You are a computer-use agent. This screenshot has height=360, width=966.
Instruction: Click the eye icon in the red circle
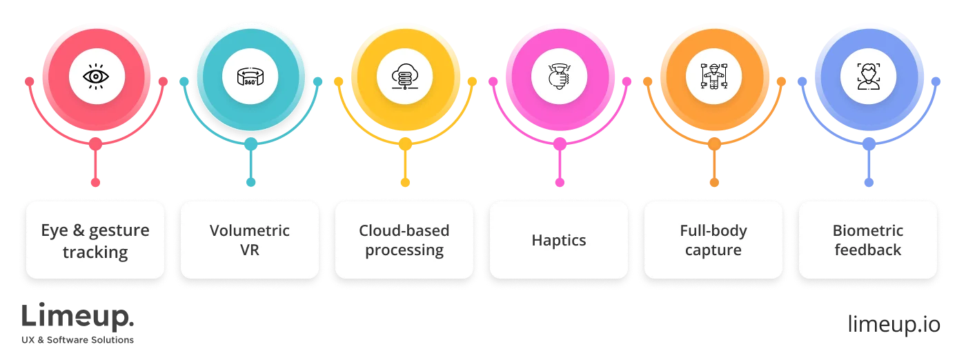96,77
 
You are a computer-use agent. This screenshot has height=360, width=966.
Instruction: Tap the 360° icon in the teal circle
250,77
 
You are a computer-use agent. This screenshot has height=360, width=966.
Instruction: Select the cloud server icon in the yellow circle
405,77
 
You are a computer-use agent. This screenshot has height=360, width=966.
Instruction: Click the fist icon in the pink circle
560,77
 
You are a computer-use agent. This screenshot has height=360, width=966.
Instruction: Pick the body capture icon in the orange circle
714,77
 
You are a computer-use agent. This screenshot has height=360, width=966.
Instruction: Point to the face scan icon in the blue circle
869,77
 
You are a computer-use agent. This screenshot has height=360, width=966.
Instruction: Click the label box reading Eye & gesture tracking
95,240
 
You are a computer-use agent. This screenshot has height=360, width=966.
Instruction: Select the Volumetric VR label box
250,240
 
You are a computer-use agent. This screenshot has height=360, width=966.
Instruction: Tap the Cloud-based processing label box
404,240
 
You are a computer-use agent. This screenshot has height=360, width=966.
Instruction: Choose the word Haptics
559,241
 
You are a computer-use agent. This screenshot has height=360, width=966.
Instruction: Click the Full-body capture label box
713,240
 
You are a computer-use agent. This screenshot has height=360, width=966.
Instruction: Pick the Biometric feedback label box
868,240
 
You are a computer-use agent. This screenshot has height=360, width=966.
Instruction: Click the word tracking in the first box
95,252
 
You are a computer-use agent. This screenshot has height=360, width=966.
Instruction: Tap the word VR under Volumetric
250,250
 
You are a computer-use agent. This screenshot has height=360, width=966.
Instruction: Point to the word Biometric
868,230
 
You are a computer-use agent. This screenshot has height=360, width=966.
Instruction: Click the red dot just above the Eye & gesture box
96,182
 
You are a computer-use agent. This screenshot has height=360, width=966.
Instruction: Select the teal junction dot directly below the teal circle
250,144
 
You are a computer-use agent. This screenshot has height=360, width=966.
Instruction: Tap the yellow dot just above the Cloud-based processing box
405,182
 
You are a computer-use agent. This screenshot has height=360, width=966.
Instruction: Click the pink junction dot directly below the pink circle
560,144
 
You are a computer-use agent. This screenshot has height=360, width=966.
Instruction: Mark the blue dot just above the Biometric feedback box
869,182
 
